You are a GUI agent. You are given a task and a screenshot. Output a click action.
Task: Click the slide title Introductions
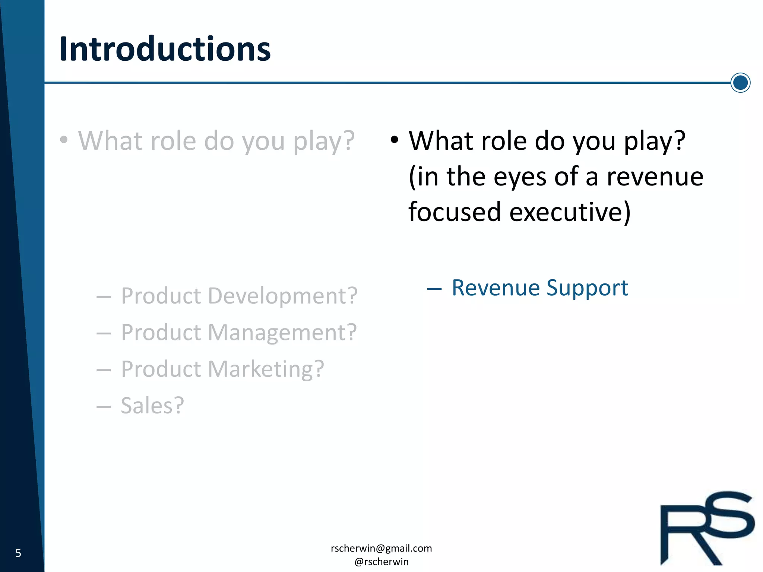pyautogui.click(x=165, y=49)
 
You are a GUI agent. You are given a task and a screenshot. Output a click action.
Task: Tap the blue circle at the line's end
pyautogui.click(x=740, y=83)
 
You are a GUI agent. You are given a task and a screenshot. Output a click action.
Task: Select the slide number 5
pyautogui.click(x=18, y=553)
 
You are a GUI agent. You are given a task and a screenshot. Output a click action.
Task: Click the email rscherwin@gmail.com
pyautogui.click(x=381, y=548)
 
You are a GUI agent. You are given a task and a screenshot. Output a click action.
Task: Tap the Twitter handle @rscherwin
pyautogui.click(x=381, y=562)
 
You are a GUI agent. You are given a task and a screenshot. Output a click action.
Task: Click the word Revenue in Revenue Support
pyautogui.click(x=495, y=288)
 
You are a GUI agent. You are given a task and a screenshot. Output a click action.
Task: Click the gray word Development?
pyautogui.click(x=282, y=296)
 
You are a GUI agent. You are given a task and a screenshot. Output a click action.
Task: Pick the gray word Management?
pyautogui.click(x=282, y=333)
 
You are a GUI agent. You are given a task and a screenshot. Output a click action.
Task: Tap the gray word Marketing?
pyautogui.click(x=266, y=369)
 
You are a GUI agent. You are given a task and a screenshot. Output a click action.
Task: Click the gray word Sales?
pyautogui.click(x=152, y=406)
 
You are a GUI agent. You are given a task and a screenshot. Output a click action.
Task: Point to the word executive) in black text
pyautogui.click(x=570, y=212)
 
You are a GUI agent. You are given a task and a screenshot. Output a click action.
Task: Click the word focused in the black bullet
pyautogui.click(x=455, y=212)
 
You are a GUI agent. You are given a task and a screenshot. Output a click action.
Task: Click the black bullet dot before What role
pyautogui.click(x=395, y=140)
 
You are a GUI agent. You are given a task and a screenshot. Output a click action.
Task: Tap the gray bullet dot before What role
pyautogui.click(x=64, y=140)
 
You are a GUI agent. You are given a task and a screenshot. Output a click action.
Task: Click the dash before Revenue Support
pyautogui.click(x=434, y=289)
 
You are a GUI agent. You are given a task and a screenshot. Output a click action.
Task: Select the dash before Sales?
pyautogui.click(x=104, y=406)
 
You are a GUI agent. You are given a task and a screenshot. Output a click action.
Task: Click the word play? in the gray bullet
pyautogui.click(x=324, y=142)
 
